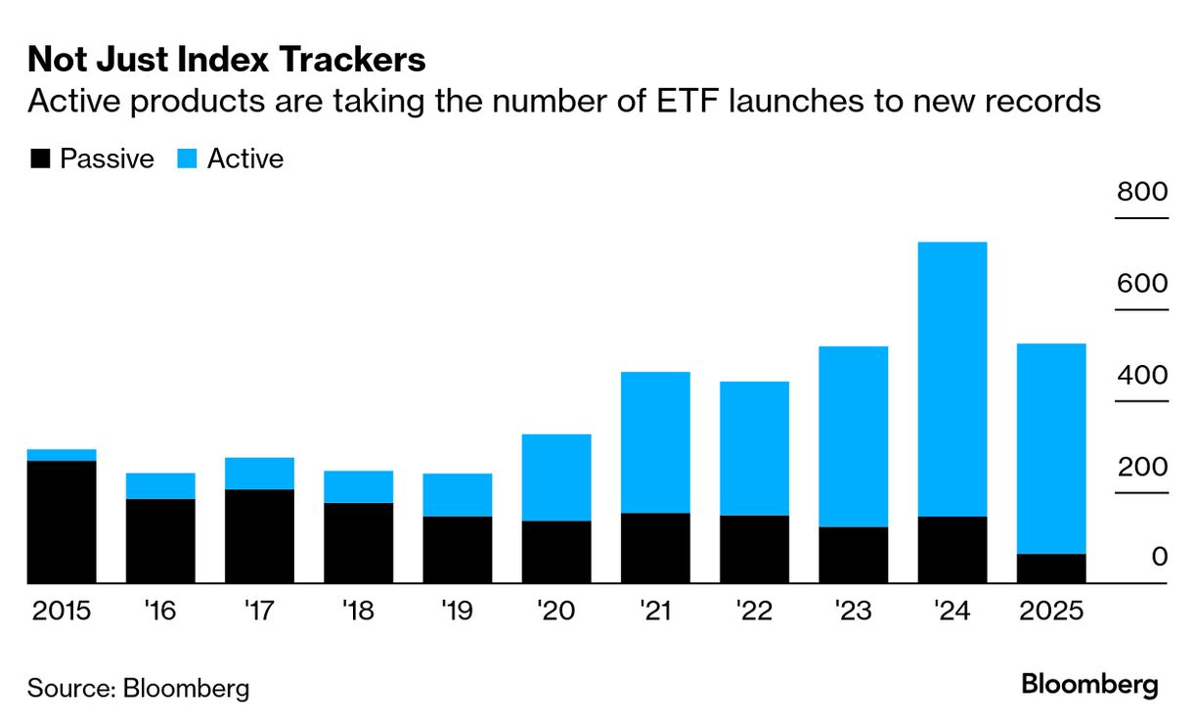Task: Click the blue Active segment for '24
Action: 952,379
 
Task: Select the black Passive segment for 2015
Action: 62,522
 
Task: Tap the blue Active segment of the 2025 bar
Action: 1051,448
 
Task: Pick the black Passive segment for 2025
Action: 1051,569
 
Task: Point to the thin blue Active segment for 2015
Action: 62,455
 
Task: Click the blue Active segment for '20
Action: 556,478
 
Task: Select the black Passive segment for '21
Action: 655,548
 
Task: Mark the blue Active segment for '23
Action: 853,436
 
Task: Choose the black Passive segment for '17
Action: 259,536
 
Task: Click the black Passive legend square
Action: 40,159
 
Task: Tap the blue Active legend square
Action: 186,159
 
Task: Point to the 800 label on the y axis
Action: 1142,192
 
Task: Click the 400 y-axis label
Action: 1142,375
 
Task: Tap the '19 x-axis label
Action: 457,612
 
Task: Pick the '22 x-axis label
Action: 754,612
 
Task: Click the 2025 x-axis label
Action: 1051,612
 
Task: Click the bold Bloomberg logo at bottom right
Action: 1089,685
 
